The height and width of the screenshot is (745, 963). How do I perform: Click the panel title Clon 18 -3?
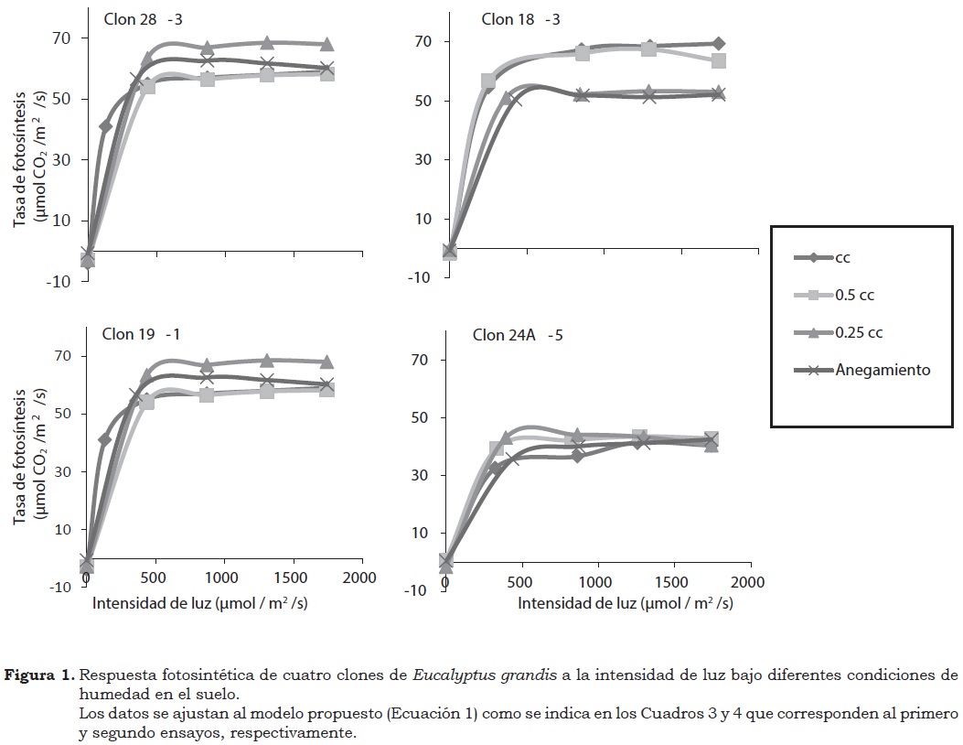520,19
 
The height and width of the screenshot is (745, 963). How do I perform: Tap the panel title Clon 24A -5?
517,335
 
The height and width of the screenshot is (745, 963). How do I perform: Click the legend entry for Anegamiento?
883,370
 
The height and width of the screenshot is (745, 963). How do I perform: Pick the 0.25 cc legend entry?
859,332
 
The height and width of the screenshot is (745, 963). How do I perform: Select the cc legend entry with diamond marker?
842,258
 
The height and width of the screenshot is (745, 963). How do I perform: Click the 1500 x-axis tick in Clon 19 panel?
293,578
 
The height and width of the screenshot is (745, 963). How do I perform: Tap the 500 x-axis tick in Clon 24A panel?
520,583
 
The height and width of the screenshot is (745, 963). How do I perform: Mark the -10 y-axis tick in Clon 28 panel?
59,282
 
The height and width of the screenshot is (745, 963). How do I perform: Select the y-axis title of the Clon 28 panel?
30,152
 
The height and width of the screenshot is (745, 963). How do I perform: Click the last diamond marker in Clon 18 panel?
718,44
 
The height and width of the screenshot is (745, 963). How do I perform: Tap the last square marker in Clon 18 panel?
718,61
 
